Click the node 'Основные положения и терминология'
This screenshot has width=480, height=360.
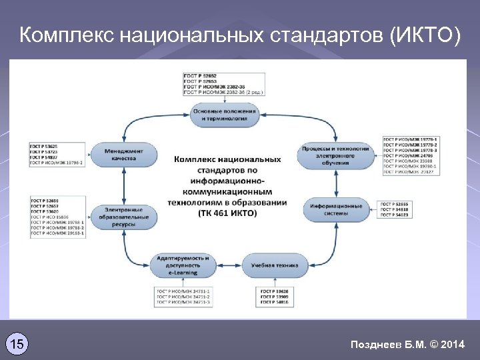[x=219, y=114]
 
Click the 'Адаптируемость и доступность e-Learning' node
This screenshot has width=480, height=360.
[x=183, y=265]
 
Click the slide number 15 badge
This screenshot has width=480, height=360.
[x=17, y=344]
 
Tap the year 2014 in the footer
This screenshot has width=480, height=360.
[x=453, y=344]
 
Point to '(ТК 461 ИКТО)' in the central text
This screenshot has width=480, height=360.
[x=227, y=213]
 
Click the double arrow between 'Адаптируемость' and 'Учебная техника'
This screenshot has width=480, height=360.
[x=228, y=265]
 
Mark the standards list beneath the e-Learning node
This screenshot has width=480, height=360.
[x=183, y=297]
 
